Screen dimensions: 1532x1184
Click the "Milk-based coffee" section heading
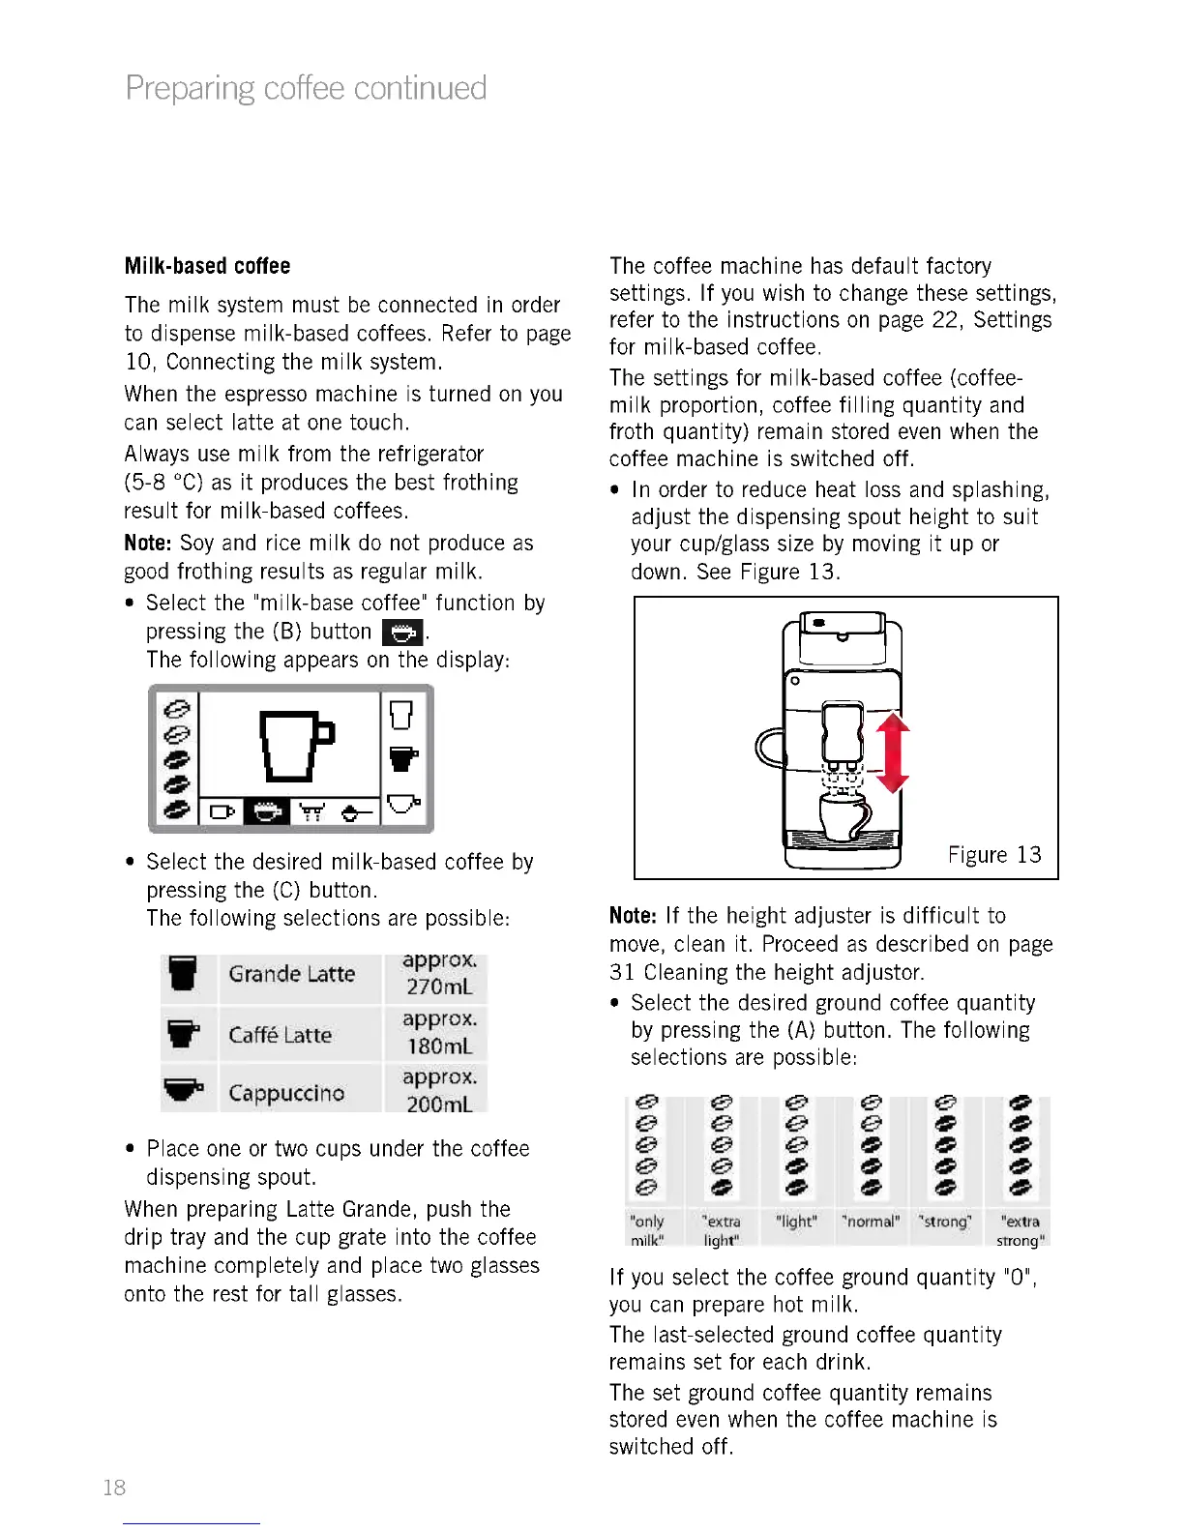[x=207, y=266]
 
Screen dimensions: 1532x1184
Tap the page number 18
[x=114, y=1488]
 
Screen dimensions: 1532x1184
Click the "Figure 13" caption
[x=994, y=855]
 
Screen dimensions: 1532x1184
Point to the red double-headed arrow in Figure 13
[x=893, y=752]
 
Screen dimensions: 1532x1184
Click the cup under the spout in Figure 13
[x=843, y=816]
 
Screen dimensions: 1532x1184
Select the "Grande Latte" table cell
[x=291, y=974]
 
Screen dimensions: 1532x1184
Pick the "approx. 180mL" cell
[x=439, y=1033]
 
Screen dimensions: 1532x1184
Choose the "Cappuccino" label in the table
[x=286, y=1093]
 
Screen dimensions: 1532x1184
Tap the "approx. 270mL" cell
[x=439, y=974]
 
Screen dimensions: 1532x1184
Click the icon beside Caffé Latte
[x=183, y=1034]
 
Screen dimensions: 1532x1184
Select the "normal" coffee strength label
[x=871, y=1222]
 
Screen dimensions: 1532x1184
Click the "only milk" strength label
[x=647, y=1230]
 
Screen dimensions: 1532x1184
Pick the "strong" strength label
[x=945, y=1222]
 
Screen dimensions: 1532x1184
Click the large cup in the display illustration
[x=293, y=745]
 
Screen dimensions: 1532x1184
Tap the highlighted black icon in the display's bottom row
[x=266, y=811]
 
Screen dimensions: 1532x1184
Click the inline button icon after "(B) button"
[x=402, y=633]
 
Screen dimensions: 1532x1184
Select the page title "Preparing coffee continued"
[x=306, y=88]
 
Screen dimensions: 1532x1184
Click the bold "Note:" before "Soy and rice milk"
[x=147, y=544]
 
